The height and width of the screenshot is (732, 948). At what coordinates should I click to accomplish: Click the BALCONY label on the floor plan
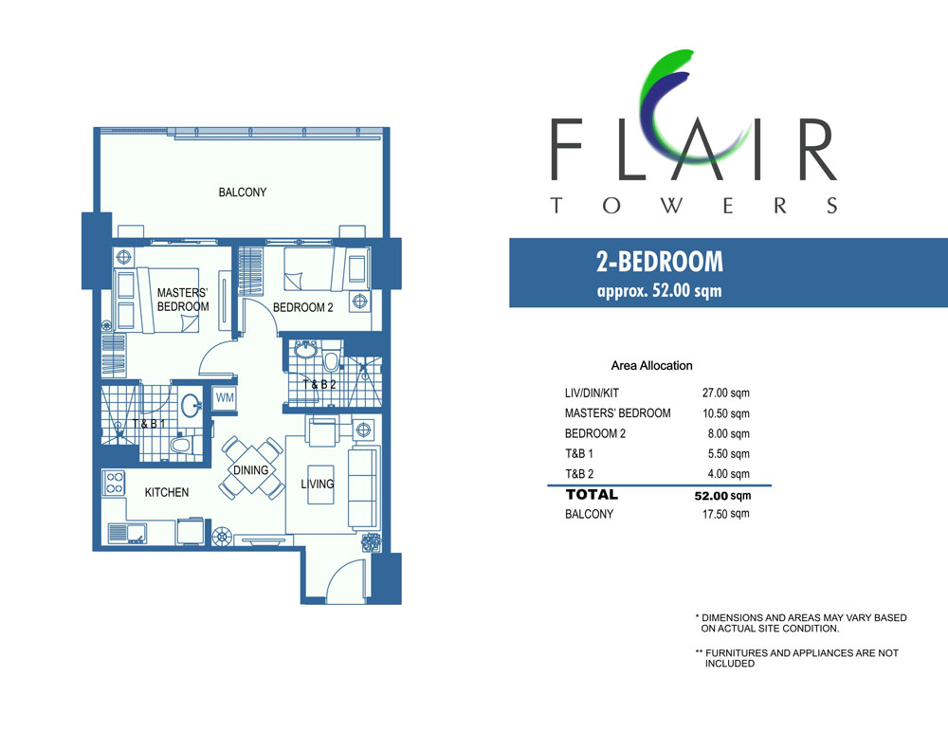click(243, 192)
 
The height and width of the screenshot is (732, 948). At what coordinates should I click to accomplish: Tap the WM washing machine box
click(225, 398)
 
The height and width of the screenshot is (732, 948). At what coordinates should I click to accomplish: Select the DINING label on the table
click(251, 470)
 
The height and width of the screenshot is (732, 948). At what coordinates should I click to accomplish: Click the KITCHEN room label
click(166, 492)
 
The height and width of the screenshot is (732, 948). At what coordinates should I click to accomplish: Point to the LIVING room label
click(318, 484)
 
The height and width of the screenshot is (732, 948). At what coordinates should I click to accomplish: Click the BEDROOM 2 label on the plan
click(303, 307)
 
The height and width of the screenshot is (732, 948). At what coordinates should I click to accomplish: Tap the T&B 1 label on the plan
click(149, 424)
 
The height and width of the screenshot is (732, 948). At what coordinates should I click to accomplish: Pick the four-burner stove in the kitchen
click(115, 483)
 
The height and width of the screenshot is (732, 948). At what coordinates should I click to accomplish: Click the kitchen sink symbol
click(127, 533)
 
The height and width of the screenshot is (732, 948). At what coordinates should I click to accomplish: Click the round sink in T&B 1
click(192, 404)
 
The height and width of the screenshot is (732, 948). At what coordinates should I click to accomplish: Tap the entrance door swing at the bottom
click(346, 579)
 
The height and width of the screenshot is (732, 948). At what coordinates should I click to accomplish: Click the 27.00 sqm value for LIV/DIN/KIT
click(725, 393)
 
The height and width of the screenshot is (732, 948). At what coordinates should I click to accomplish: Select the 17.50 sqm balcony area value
click(725, 514)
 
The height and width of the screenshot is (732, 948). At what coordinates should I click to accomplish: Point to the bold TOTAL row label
click(592, 495)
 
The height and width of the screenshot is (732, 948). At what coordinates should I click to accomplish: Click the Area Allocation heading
click(652, 365)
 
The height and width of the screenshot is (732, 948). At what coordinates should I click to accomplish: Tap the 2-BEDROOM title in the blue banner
click(660, 262)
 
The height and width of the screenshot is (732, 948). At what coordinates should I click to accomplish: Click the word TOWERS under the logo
click(694, 206)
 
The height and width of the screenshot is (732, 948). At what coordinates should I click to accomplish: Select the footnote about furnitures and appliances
click(797, 658)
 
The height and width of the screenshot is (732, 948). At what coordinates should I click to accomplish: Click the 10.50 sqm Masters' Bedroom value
click(725, 413)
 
